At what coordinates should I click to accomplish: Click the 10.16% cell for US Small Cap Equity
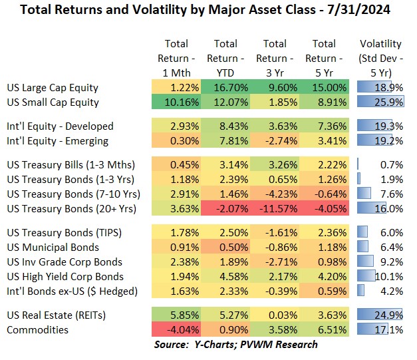177,102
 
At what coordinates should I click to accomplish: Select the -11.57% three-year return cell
275,208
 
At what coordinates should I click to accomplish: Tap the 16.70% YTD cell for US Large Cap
226,88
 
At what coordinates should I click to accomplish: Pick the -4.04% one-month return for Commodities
177,330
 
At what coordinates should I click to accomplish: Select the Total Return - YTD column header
226,59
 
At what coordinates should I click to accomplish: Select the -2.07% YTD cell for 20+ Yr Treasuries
226,208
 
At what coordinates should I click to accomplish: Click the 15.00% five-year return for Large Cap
325,88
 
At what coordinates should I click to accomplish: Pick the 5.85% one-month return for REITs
177,315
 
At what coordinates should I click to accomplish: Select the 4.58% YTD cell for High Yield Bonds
226,277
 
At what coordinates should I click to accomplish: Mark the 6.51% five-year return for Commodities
325,330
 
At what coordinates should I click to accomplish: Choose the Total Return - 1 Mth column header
177,59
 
